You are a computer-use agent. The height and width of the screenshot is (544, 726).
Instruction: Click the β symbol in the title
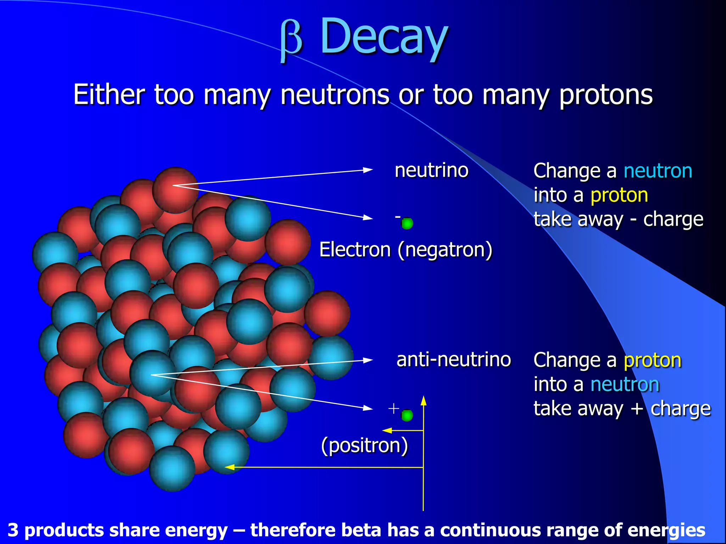pyautogui.click(x=291, y=40)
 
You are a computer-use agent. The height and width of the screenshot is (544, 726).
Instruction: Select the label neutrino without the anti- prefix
pyautogui.click(x=431, y=170)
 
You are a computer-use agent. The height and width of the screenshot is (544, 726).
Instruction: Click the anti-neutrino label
pyautogui.click(x=453, y=360)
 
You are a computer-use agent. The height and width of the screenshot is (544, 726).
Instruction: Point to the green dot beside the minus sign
pyautogui.click(x=407, y=223)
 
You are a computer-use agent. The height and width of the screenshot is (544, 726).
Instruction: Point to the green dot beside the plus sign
pyautogui.click(x=407, y=415)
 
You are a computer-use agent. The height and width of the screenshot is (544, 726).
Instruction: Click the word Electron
pyautogui.click(x=355, y=250)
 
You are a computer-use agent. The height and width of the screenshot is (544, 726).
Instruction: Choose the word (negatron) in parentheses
pyautogui.click(x=445, y=250)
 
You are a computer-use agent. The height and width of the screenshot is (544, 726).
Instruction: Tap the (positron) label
pyautogui.click(x=364, y=445)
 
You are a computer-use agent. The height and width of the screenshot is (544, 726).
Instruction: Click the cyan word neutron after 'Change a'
pyautogui.click(x=658, y=171)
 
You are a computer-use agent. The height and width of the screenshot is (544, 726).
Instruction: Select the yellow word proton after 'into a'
pyautogui.click(x=619, y=195)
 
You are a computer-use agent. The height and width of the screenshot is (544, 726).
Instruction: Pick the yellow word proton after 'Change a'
pyautogui.click(x=652, y=360)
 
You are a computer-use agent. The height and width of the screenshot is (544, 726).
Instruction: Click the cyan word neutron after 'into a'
pyautogui.click(x=625, y=385)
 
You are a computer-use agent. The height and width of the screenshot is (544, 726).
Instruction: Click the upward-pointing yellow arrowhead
pyautogui.click(x=423, y=401)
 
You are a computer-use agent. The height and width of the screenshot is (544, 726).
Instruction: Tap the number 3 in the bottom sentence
pyautogui.click(x=13, y=531)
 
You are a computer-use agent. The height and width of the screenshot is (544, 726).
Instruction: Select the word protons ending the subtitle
pyautogui.click(x=606, y=95)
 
